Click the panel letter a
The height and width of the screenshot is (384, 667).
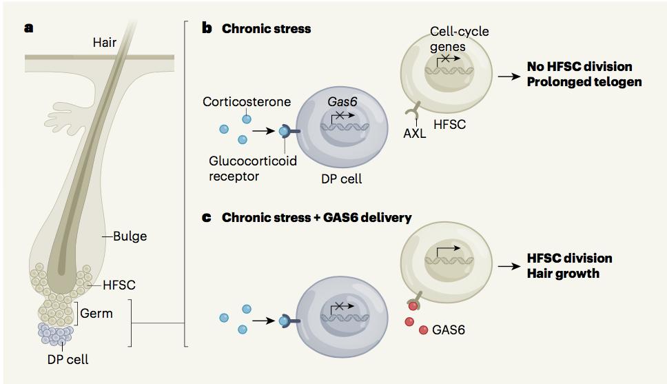click(x=28, y=28)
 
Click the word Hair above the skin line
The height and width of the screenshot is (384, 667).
click(x=105, y=43)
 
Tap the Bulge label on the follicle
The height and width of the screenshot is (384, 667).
click(x=130, y=236)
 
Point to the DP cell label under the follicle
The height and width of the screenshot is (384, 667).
click(x=68, y=359)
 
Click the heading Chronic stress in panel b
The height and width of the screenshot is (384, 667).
click(x=266, y=29)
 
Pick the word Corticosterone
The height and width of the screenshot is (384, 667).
click(x=247, y=101)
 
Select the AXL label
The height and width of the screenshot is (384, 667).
click(x=415, y=134)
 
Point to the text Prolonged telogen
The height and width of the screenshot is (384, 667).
click(x=584, y=82)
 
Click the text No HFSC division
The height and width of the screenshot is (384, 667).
click(x=579, y=67)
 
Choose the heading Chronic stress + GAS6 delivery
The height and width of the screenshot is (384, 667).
click(x=316, y=217)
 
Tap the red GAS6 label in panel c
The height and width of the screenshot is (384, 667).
click(x=449, y=330)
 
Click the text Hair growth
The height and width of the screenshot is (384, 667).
click(x=563, y=273)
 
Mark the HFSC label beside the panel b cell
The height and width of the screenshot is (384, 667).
click(x=451, y=125)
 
